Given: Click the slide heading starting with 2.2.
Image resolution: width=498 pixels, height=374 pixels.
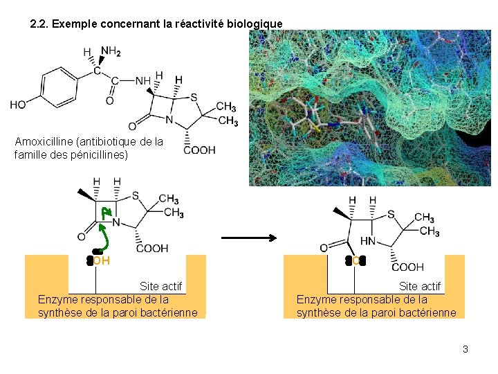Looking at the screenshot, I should [156, 24].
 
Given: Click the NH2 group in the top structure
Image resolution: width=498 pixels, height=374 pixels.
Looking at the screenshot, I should [111, 51].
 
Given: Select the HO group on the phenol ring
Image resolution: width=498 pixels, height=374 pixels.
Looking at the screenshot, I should [18, 105].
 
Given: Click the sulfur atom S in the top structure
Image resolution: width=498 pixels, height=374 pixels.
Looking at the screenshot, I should [194, 97].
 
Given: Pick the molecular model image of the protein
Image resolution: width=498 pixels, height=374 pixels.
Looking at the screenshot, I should [372, 107].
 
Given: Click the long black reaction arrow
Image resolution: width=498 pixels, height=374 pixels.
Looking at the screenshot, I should [249, 238].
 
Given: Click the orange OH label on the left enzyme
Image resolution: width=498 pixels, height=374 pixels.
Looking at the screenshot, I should [101, 261].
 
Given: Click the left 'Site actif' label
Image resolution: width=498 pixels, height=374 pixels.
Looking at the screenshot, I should [160, 286].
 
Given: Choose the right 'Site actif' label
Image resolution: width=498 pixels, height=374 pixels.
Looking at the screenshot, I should [419, 286].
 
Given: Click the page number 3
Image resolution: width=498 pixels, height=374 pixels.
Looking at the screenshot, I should [465, 349].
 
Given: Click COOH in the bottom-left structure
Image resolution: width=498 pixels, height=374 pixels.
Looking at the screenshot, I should [151, 249].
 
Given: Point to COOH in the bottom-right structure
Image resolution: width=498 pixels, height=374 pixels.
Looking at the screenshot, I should [407, 267].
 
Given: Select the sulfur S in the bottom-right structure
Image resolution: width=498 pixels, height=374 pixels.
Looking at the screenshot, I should [391, 215].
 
